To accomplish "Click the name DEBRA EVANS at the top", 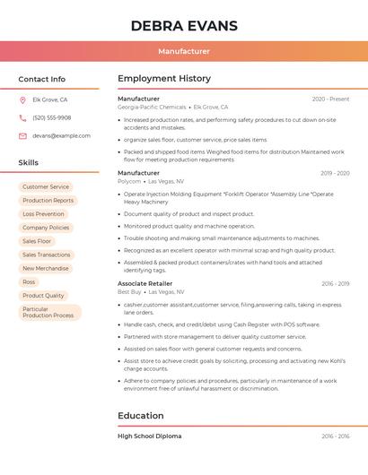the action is pyautogui.click(x=184, y=26).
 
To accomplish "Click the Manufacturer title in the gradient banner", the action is pyautogui.click(x=184, y=51).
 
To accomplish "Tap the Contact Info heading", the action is pyautogui.click(x=42, y=79).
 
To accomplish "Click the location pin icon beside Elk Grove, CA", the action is pyautogui.click(x=22, y=100).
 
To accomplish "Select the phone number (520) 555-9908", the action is pyautogui.click(x=52, y=117).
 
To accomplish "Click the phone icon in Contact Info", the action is pyautogui.click(x=22, y=118).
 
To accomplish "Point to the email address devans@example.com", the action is pyautogui.click(x=61, y=135).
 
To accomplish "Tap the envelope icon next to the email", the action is pyautogui.click(x=22, y=136).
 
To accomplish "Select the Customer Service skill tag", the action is pyautogui.click(x=46, y=186).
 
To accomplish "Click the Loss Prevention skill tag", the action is pyautogui.click(x=43, y=214).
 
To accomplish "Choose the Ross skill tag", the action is pyautogui.click(x=30, y=281).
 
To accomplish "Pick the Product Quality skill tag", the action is pyautogui.click(x=43, y=295).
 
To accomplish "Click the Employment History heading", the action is pyautogui.click(x=164, y=79).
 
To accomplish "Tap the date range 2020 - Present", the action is pyautogui.click(x=330, y=99).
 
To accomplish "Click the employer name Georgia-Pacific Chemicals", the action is pyautogui.click(x=152, y=107).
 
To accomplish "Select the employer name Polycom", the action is pyautogui.click(x=129, y=181).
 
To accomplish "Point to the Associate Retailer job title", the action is pyautogui.click(x=145, y=283).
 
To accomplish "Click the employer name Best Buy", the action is pyautogui.click(x=129, y=291).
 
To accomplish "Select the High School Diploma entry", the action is pyautogui.click(x=150, y=436).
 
